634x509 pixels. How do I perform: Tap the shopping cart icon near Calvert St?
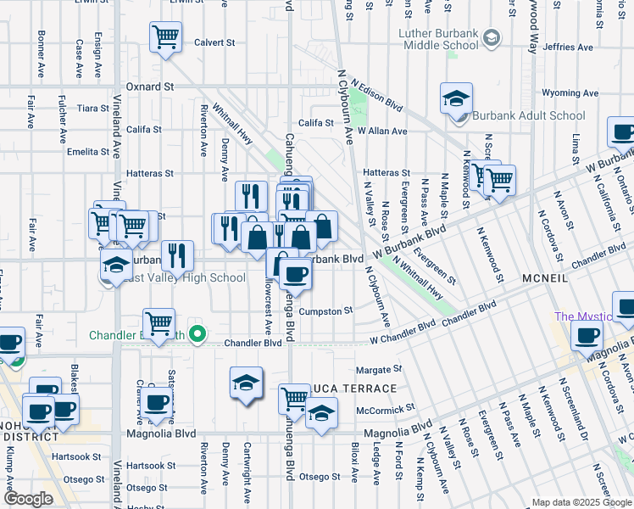click(166, 36)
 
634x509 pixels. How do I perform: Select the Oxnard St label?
click(149, 87)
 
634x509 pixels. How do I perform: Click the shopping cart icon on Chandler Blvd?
click(158, 322)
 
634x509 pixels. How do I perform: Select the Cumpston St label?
click(325, 311)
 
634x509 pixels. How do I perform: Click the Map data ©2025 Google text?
click(581, 502)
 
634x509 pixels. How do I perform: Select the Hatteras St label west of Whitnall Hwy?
click(149, 173)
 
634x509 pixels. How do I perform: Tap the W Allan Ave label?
click(381, 131)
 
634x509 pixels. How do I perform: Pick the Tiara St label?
click(89, 109)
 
